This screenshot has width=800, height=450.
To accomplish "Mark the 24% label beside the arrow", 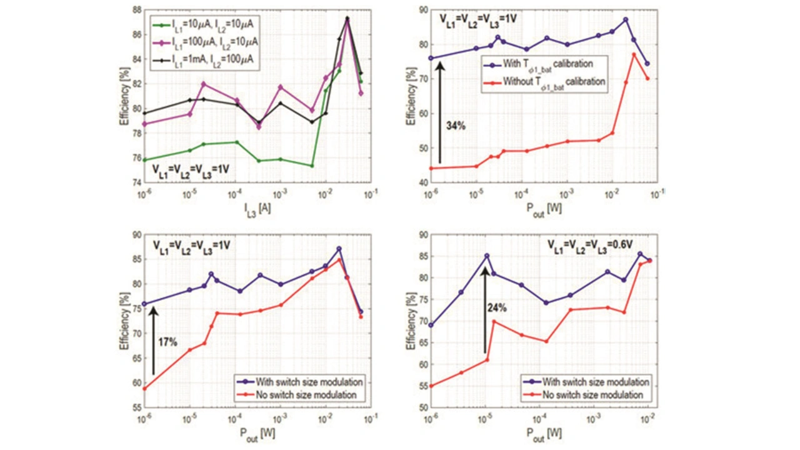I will coord(497,307).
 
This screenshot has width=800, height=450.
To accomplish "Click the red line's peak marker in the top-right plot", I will coord(634,54).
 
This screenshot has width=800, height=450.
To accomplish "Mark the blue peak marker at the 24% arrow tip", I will coord(486,256).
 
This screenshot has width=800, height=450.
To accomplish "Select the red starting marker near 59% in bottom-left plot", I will coord(144,389).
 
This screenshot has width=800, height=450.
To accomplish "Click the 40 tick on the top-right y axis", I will coord(422,182).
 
